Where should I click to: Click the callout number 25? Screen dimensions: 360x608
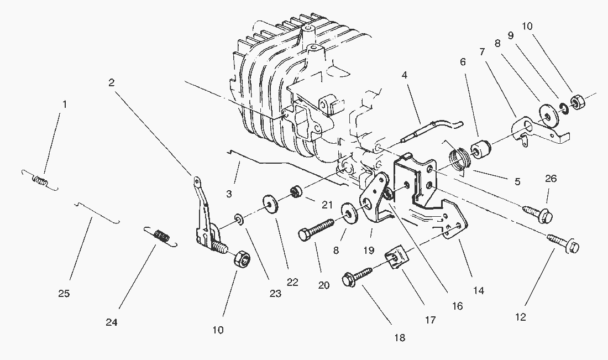click(x=64, y=294)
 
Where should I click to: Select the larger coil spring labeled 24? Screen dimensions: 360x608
click(x=161, y=236)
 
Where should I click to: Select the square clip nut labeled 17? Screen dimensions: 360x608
click(x=396, y=258)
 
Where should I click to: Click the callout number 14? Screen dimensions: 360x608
click(x=479, y=290)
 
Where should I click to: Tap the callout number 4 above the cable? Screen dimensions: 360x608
click(x=405, y=74)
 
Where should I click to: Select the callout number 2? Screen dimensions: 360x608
click(x=112, y=82)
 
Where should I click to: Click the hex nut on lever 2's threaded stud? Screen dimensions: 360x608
click(x=242, y=259)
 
